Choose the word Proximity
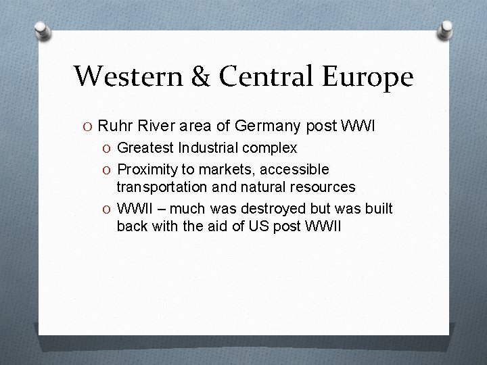pos(147,168)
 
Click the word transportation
pos(160,186)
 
